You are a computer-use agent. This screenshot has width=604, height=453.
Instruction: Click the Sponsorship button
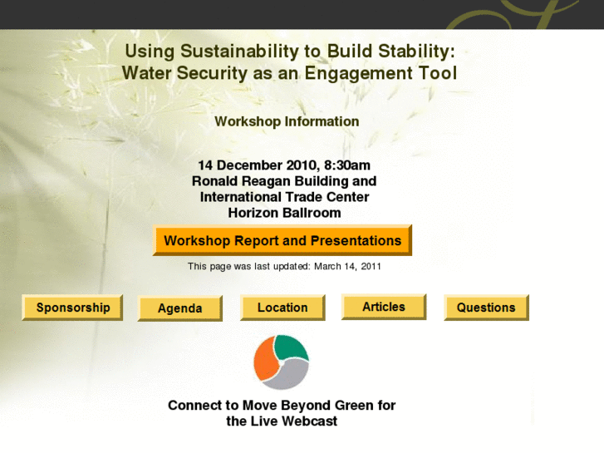click(x=72, y=308)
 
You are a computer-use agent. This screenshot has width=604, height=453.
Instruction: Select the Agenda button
click(x=179, y=308)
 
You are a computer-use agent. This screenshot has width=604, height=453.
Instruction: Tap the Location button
click(x=282, y=308)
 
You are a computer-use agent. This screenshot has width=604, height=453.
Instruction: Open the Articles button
click(x=383, y=307)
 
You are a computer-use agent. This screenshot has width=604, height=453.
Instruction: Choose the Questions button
click(x=485, y=308)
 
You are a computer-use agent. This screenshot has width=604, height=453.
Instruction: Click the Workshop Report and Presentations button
click(x=282, y=241)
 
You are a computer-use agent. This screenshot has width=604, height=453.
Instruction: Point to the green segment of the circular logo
click(x=292, y=347)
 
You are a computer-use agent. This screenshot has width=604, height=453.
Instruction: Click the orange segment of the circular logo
click(x=265, y=362)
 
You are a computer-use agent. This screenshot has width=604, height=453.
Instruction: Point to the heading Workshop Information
click(x=287, y=121)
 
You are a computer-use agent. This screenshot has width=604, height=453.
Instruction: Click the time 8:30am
click(x=341, y=165)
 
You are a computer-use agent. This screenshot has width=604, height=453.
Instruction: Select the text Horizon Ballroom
click(x=284, y=213)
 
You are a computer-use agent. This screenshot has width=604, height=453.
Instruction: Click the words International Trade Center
click(x=284, y=197)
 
